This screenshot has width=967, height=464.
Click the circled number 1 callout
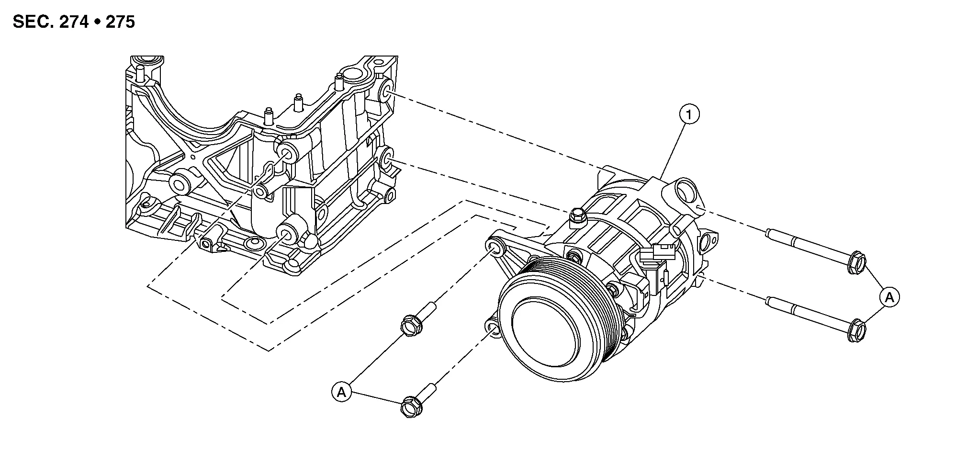pyautogui.click(x=689, y=114)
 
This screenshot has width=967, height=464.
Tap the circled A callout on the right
pyautogui.click(x=889, y=297)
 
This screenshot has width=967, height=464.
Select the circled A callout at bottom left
pyautogui.click(x=341, y=392)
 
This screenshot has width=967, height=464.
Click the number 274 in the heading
pyautogui.click(x=74, y=22)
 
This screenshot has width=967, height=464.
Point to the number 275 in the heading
pyautogui.click(x=120, y=22)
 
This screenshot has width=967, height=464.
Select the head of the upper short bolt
pyautogui.click(x=410, y=326)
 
